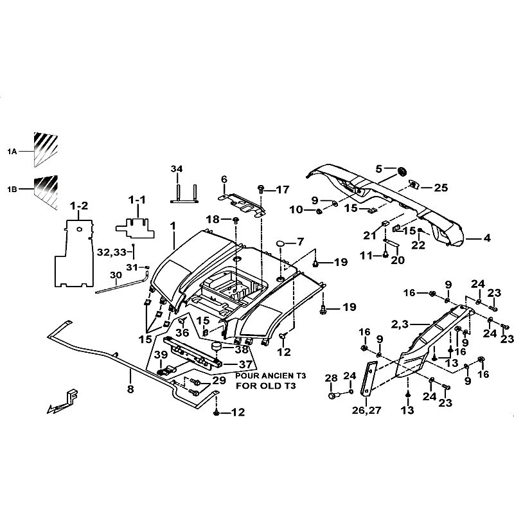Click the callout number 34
(x=177, y=169)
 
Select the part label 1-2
(x=79, y=206)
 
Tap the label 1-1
(x=137, y=200)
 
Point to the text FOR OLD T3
(x=266, y=386)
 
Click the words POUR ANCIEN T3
(x=270, y=376)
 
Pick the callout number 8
(x=130, y=389)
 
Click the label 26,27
(x=366, y=410)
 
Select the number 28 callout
(x=331, y=378)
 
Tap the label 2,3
(x=400, y=324)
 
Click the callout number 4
(x=487, y=238)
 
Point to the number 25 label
(x=441, y=188)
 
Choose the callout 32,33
(x=112, y=253)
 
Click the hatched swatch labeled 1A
(x=45, y=149)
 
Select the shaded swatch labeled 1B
(x=45, y=191)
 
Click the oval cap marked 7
(x=281, y=243)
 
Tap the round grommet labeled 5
(x=402, y=171)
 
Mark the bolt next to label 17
(x=261, y=189)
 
